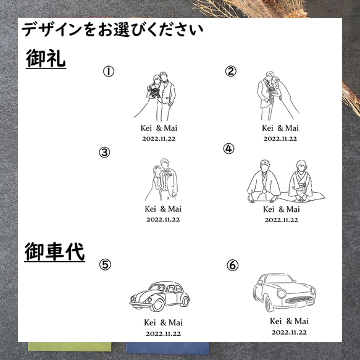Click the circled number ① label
point(108,71)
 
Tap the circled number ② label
point(230,71)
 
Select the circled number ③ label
point(104,153)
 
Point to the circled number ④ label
point(228,149)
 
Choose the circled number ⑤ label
point(105,264)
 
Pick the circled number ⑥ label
point(233,265)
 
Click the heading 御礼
point(46,59)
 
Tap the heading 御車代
point(54,252)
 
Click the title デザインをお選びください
point(112,30)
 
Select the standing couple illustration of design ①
point(156,96)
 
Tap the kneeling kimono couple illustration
point(286,182)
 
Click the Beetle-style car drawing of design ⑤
point(160,296)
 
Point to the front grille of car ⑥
point(299,299)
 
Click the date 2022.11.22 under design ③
point(163,219)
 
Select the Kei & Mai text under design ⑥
point(289,321)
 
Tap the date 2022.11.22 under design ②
point(280,139)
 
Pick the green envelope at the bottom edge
point(70,346)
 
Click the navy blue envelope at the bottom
point(167,348)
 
